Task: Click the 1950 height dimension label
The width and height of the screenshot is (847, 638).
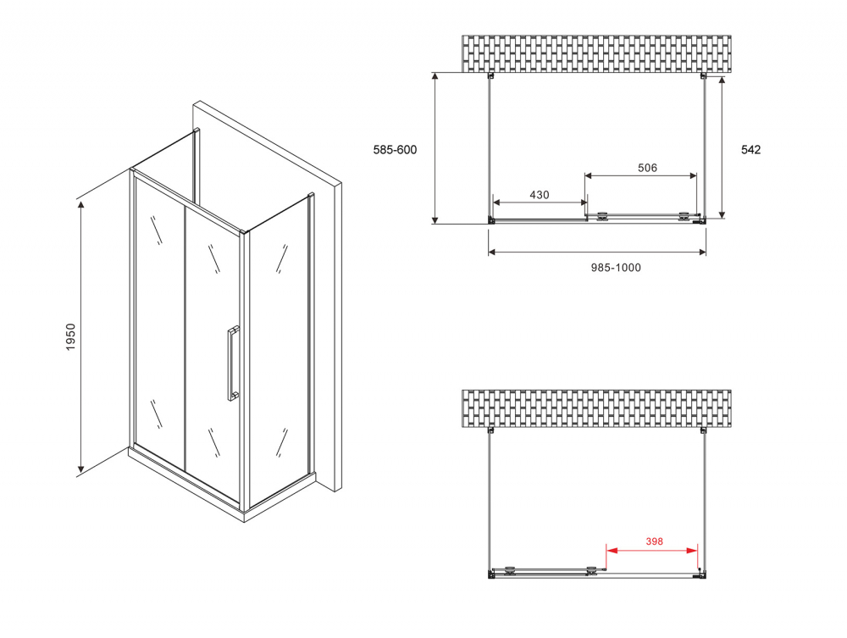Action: (72, 338)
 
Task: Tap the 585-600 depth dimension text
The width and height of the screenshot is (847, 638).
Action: (395, 150)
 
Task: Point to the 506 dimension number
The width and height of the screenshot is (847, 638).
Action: (647, 168)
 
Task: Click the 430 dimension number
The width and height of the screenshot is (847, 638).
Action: (540, 195)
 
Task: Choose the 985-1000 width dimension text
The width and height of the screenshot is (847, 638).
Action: (616, 268)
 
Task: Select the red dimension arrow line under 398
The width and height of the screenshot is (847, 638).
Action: (652, 551)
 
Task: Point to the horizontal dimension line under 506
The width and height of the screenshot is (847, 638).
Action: (641, 176)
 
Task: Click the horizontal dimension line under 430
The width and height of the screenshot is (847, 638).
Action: (540, 203)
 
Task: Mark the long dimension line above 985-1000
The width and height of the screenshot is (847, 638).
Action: (597, 252)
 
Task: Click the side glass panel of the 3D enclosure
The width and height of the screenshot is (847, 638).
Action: (278, 347)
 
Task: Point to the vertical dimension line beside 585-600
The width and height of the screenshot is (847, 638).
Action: (435, 148)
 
